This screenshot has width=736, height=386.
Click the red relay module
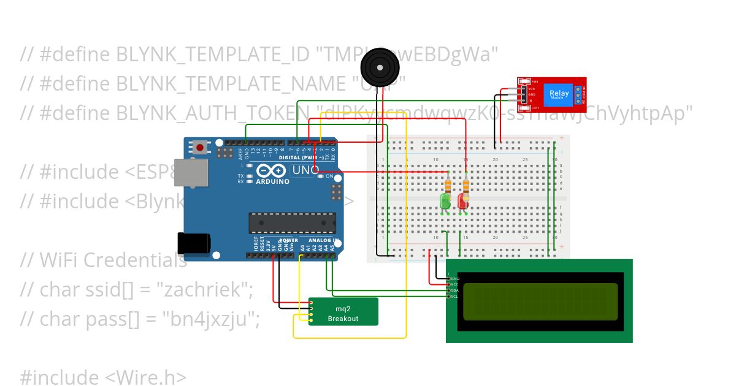pos(551,95)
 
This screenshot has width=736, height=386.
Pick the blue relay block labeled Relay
pos(558,94)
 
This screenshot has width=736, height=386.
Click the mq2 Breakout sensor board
pos(343,312)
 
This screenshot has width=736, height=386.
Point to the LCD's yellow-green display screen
pos(540,301)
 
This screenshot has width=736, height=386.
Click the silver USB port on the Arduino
pos(197,173)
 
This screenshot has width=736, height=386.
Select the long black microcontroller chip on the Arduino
pos(292,223)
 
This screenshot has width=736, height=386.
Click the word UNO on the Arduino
pos(304,170)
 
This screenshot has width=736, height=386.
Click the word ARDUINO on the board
pos(274,181)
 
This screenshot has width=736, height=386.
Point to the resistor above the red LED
pos(467,184)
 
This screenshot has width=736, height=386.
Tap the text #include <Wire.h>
pos(103,377)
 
